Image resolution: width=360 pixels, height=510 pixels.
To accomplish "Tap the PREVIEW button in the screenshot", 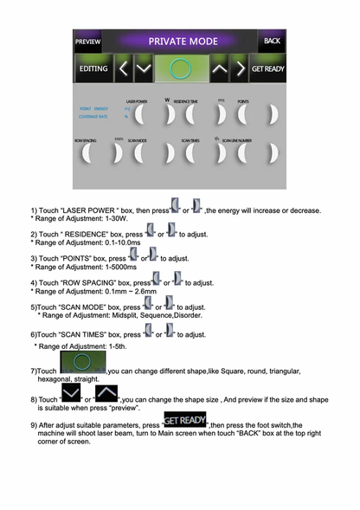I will (87, 41).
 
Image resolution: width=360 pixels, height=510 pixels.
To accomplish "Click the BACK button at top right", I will (272, 41).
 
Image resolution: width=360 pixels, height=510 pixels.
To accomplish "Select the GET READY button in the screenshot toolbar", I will (267, 68).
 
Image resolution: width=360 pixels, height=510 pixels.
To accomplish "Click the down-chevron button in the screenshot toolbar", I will (144, 68).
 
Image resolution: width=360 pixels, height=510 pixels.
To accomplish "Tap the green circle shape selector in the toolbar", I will (179, 68).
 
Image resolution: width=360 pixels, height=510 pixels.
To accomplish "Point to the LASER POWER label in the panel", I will (136, 101).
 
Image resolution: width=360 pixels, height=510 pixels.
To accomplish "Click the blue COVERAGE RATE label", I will (93, 115).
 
